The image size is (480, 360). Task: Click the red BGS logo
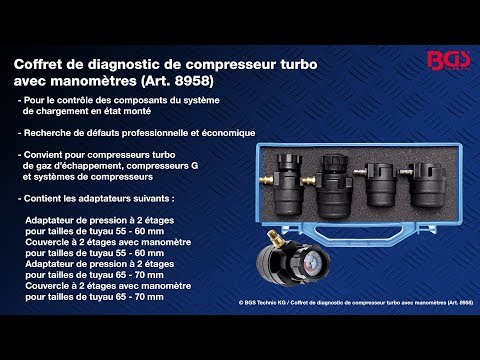pyautogui.click(x=449, y=61)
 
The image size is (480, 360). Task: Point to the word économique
pyautogui.click(x=230, y=133)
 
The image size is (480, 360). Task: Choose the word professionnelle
pyautogui.click(x=155, y=133)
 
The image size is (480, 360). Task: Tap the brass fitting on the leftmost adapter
pyautogui.click(x=266, y=180)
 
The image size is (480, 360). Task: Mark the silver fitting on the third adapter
pyautogui.click(x=360, y=172)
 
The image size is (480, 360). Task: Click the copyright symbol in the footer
pyautogui.click(x=241, y=303)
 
